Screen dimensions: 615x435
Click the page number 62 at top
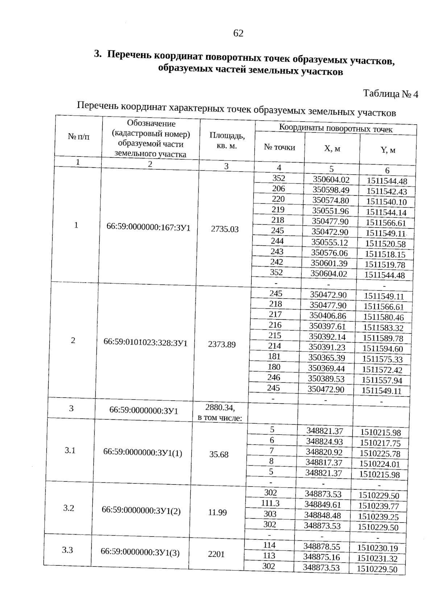tap(238, 33)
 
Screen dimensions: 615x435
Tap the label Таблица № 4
tap(390, 94)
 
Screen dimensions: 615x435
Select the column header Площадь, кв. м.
tap(227, 141)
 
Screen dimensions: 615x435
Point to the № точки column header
tap(279, 147)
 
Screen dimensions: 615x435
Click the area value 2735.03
tap(225, 229)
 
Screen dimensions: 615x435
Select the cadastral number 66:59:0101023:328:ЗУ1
tap(145, 342)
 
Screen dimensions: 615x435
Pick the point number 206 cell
tap(278, 188)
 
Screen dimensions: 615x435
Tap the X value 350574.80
tap(331, 200)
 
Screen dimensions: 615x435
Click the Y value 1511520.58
tap(385, 244)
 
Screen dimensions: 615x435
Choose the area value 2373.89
tap(222, 344)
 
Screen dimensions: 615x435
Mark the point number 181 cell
tap(274, 356)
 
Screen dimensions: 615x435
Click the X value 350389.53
tap(326, 379)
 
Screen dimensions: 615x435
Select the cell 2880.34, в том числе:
tap(220, 412)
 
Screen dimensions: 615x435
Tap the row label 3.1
tap(70, 450)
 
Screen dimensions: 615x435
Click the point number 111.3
tap(270, 503)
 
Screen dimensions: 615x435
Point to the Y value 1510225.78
tap(380, 453)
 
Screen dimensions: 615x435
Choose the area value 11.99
tap(217, 512)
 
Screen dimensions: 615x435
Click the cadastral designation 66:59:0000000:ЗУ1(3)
tap(140, 553)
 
